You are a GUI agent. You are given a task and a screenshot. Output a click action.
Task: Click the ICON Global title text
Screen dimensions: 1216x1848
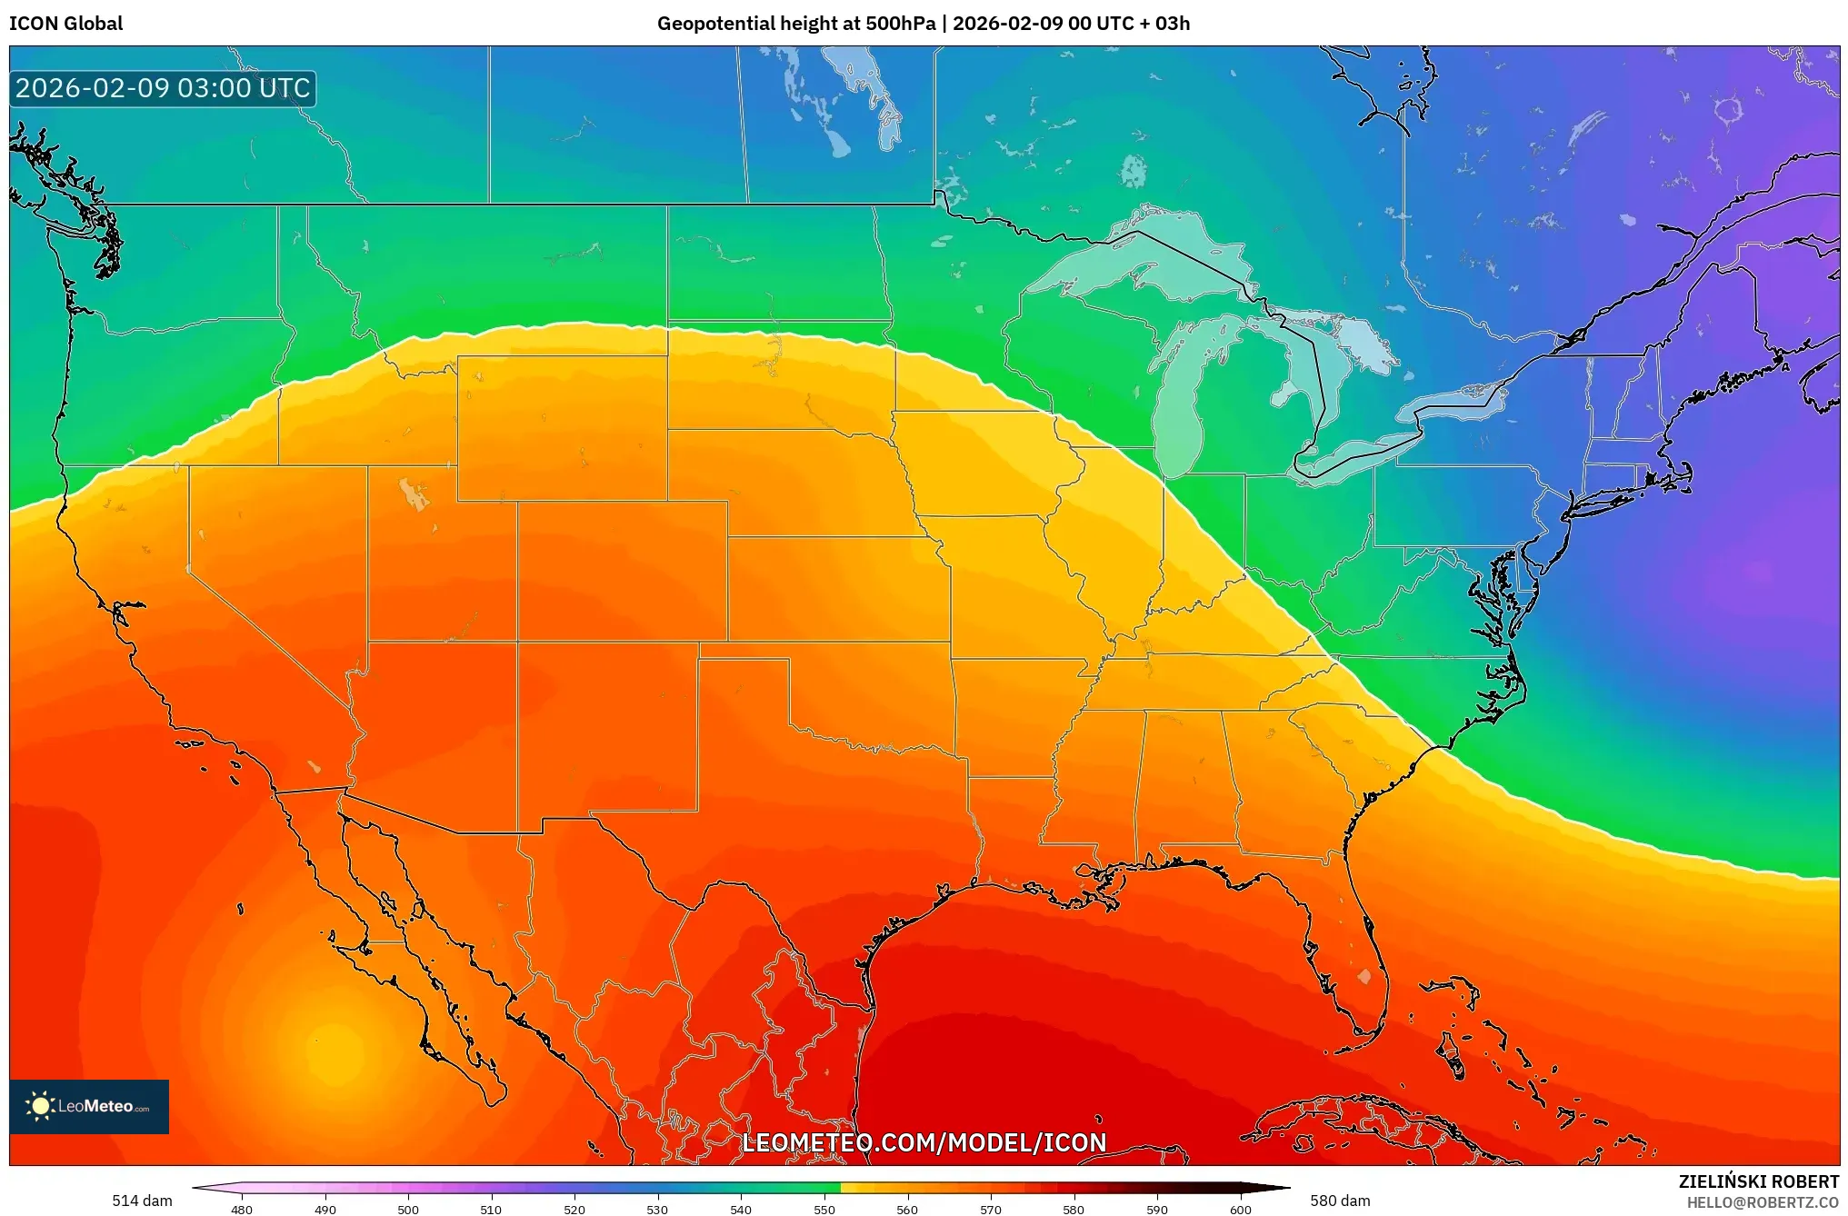pos(65,24)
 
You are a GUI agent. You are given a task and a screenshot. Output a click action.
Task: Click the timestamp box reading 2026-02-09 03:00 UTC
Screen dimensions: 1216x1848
pos(163,88)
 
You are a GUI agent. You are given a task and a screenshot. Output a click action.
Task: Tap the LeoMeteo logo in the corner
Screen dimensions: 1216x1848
pos(89,1106)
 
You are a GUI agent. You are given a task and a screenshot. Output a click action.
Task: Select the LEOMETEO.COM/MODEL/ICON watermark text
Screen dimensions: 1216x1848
pos(924,1142)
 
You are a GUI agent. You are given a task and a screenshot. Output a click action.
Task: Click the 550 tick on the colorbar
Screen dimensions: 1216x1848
pos(824,1210)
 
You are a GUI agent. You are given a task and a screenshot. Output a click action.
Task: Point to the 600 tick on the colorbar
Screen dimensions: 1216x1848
pos(1240,1210)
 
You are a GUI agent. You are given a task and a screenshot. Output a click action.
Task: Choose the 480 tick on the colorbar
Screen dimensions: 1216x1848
pos(242,1210)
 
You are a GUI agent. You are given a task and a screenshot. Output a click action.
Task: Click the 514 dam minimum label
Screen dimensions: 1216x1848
pos(142,1201)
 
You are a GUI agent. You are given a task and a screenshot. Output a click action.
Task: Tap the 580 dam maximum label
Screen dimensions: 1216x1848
pos(1340,1201)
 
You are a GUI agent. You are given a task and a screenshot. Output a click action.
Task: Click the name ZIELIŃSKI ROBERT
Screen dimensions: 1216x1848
pos(1758,1181)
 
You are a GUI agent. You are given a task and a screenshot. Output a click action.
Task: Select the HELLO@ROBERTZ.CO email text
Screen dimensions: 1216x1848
pos(1763,1202)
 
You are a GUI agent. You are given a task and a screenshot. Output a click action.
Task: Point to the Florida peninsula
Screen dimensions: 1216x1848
pos(1354,954)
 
